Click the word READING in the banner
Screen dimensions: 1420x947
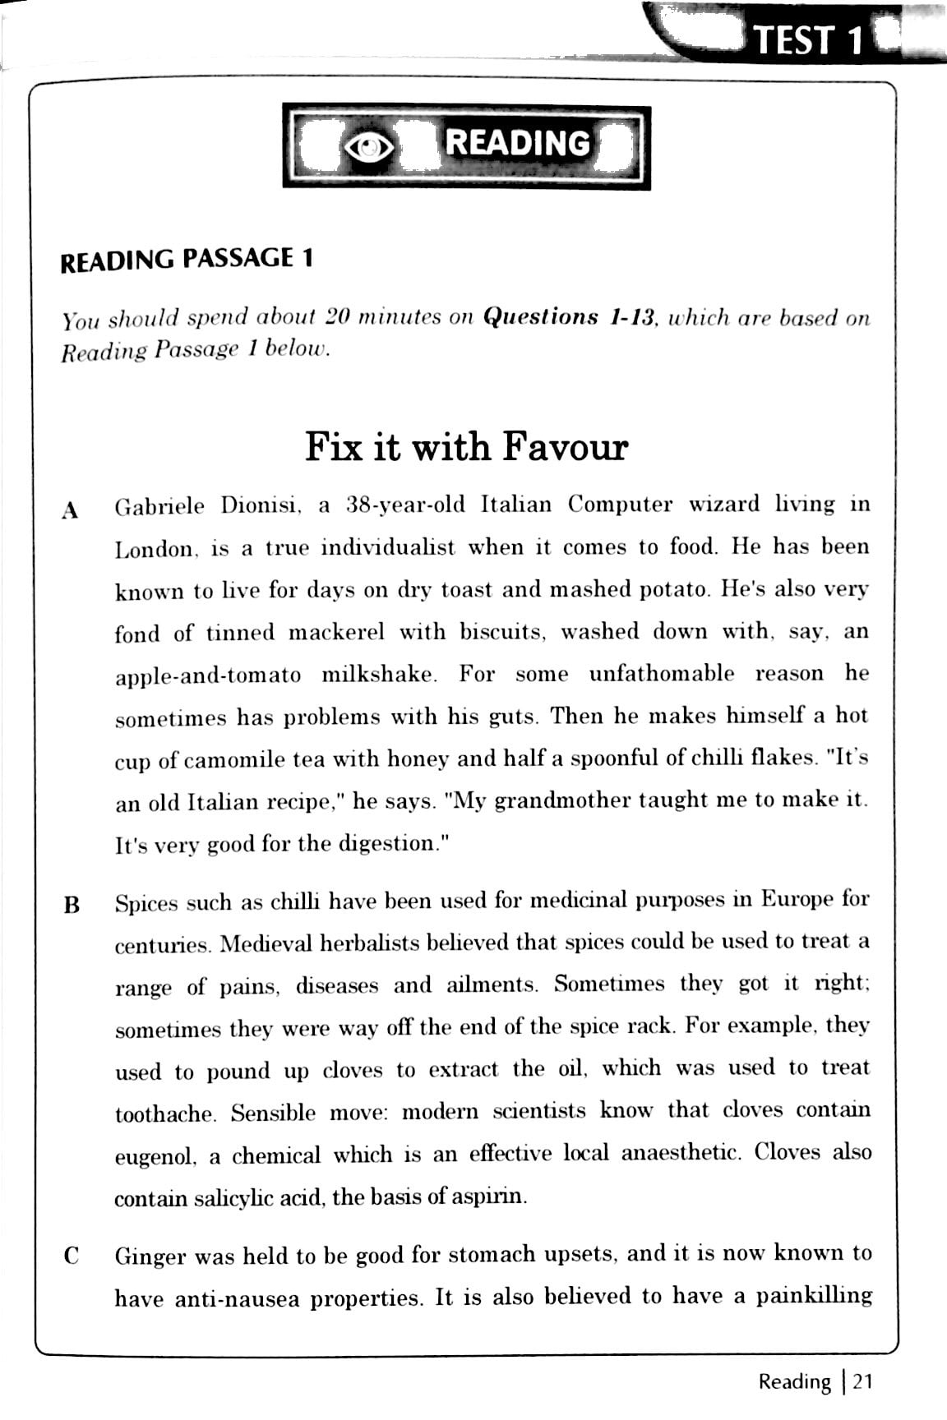(518, 143)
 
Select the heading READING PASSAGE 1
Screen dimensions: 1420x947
(187, 260)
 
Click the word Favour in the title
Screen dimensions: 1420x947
(565, 447)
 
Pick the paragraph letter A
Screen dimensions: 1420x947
(71, 509)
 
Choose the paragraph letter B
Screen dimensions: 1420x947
(72, 906)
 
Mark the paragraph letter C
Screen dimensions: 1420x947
(72, 1256)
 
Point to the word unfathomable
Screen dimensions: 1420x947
(661, 674)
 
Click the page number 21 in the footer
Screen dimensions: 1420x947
(861, 1381)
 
